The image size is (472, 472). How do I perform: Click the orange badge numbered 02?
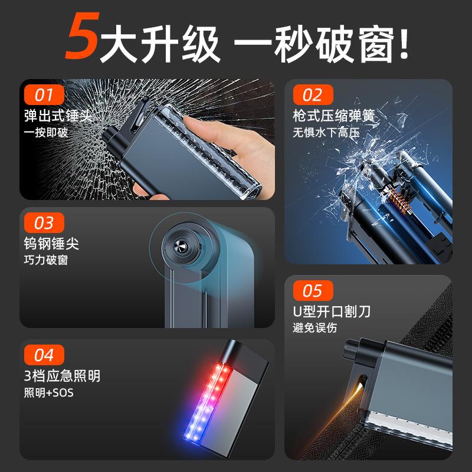313,94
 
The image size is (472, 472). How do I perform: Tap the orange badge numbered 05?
313,291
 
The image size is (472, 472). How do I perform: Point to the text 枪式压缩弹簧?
334,114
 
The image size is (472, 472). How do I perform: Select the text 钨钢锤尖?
52,243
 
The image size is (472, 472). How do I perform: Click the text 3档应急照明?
62,376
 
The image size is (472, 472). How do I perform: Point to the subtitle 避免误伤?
315,328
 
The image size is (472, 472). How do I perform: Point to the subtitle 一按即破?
46,132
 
